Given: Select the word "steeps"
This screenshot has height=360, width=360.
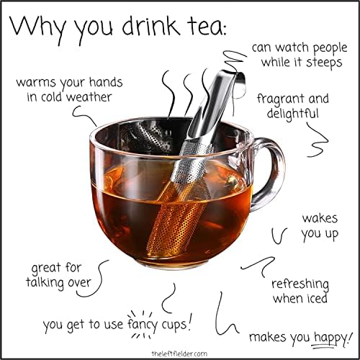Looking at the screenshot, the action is (x=324, y=63).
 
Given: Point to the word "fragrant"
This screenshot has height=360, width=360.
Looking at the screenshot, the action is (x=280, y=99).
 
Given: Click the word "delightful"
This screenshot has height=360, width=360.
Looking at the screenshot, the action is (x=292, y=114).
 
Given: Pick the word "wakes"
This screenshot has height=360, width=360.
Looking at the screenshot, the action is (x=320, y=218).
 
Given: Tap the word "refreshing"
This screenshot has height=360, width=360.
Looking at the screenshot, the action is (x=300, y=284).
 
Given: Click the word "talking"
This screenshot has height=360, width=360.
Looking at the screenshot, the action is (x=45, y=283).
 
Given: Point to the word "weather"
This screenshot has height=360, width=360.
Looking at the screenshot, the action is (x=89, y=97).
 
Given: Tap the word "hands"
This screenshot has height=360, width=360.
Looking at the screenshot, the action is (x=106, y=82).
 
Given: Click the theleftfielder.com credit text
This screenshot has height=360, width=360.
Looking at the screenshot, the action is (x=179, y=354).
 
